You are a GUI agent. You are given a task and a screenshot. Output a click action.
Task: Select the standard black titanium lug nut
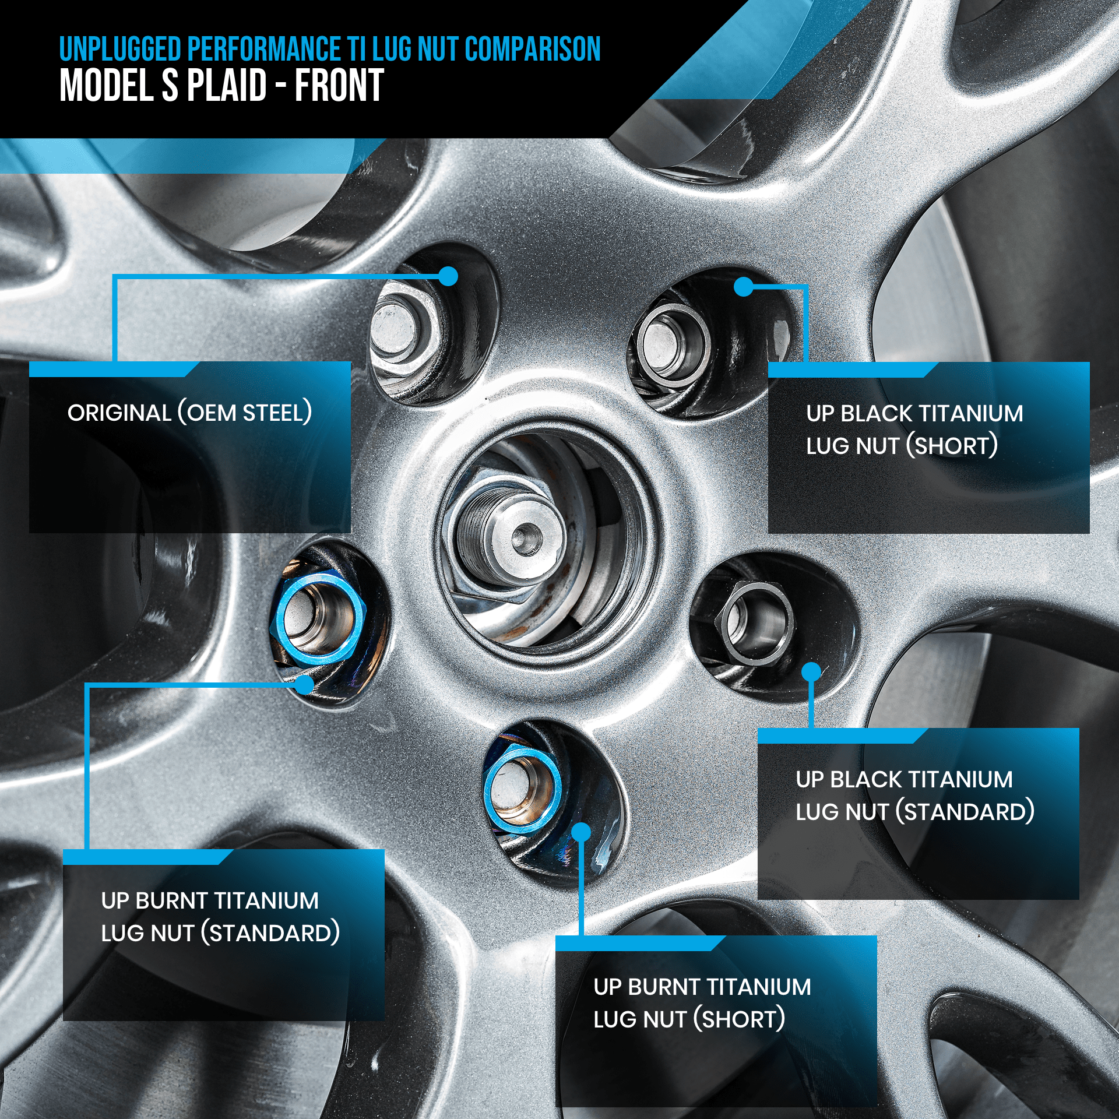756,623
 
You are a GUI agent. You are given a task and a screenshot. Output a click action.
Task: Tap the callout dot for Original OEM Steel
448,276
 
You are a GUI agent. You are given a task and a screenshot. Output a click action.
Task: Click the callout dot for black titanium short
744,286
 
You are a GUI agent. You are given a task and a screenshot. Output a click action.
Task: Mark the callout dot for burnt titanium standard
304,684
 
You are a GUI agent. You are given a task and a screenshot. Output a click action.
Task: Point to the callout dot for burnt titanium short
581,832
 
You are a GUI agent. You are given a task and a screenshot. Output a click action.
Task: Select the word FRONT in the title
339,85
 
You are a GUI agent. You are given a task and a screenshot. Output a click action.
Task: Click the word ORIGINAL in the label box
119,413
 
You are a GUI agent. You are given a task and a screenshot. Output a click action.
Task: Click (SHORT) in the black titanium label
952,446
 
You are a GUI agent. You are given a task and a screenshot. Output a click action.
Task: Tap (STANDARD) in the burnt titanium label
270,933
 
